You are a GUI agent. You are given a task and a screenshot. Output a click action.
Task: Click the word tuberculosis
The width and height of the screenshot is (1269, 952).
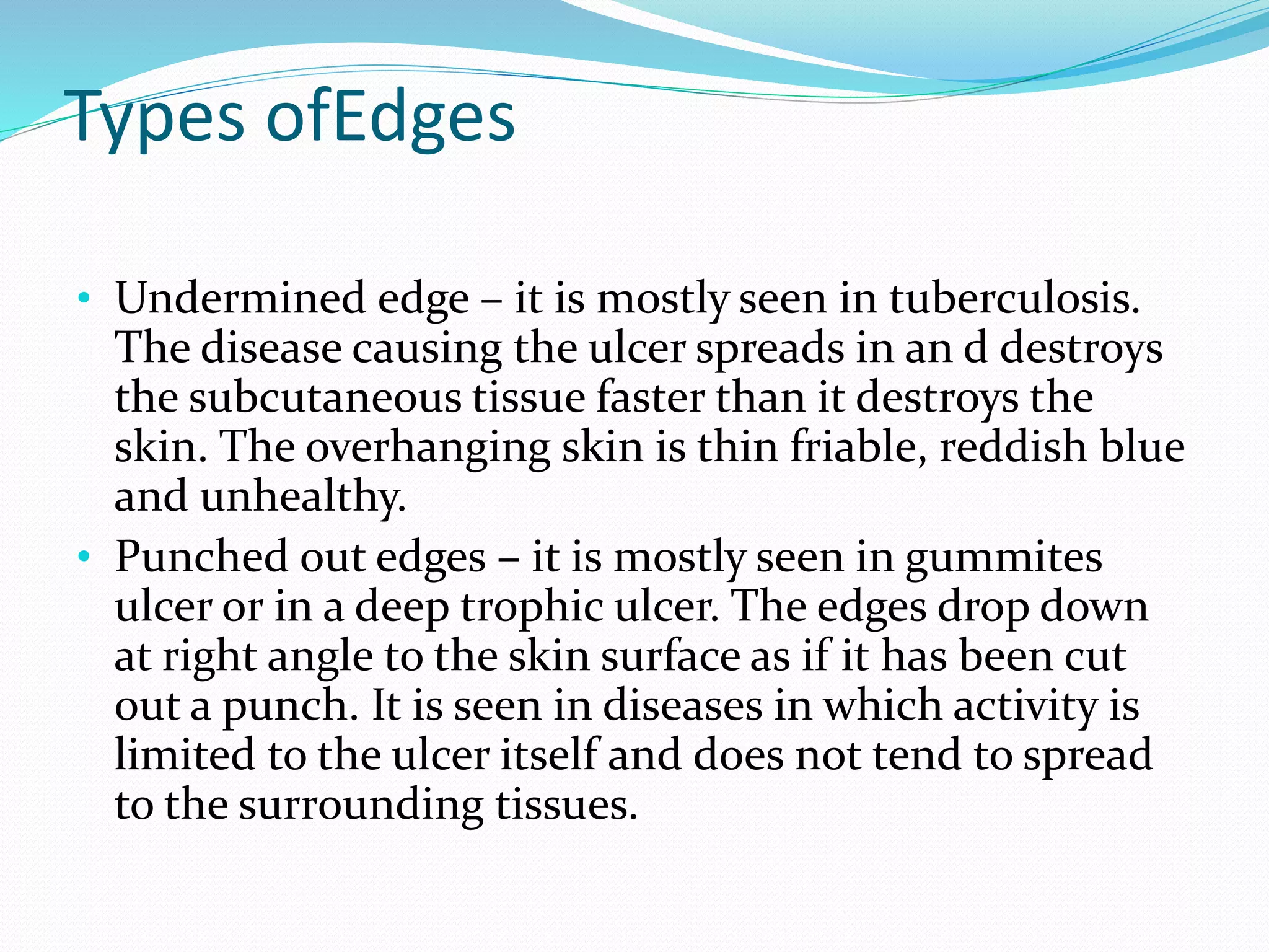(x=1014, y=299)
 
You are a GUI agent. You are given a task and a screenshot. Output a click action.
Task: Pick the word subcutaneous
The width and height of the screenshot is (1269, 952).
(x=325, y=397)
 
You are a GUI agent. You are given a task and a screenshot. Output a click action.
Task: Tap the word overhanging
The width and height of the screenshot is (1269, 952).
(x=428, y=447)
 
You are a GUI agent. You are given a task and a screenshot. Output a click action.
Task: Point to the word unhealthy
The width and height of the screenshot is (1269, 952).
(x=303, y=497)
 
